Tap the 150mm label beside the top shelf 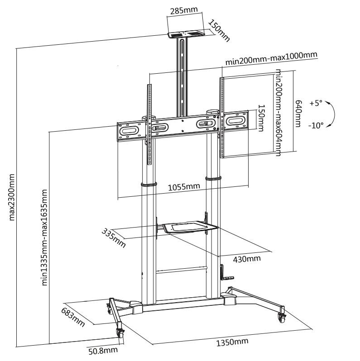point(219,30)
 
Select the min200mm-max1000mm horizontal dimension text point(271,59)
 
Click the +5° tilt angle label point(316,103)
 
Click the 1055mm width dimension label point(183,186)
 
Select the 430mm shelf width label point(246,259)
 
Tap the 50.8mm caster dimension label point(103,350)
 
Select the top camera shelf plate point(186,33)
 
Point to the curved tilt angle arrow point(331,114)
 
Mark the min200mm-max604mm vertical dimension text point(278,113)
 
